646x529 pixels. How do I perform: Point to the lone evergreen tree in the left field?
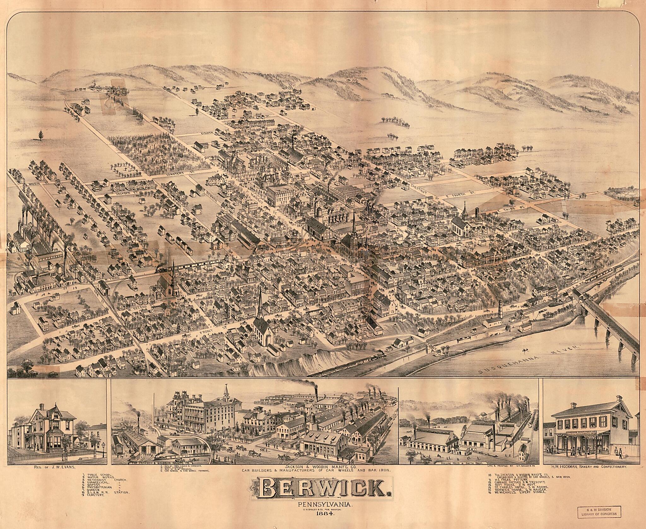click(40, 135)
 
